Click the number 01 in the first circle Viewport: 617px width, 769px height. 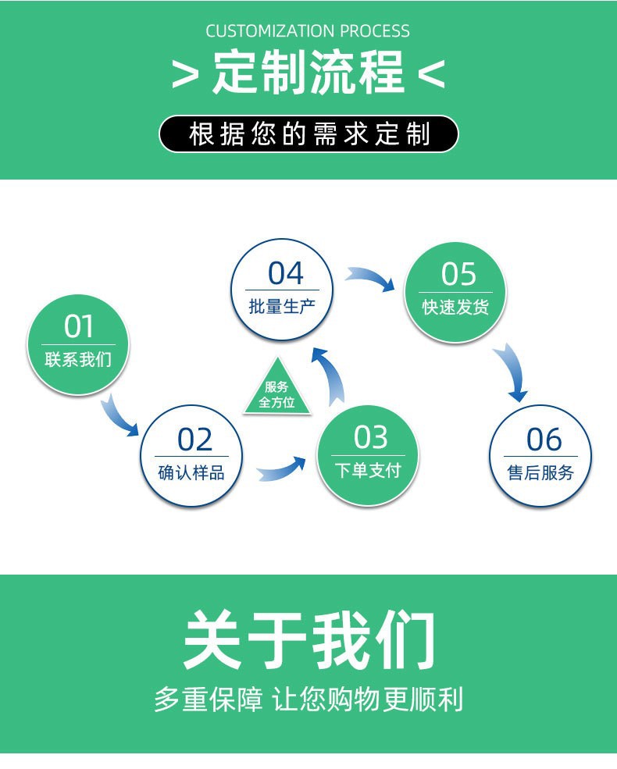(78, 326)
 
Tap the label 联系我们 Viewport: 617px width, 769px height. (78, 360)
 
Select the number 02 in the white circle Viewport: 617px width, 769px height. (194, 440)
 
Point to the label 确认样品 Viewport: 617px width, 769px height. (191, 472)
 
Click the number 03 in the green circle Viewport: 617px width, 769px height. (370, 438)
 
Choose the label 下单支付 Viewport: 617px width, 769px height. (368, 470)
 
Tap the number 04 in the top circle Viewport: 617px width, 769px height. (285, 273)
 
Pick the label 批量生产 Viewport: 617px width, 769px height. (282, 306)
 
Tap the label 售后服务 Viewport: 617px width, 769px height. (540, 472)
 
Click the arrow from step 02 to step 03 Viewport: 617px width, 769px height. (282, 469)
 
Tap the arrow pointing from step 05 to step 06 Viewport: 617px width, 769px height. (513, 373)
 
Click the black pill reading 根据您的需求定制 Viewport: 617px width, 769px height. (308, 134)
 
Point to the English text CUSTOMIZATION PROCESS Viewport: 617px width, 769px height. (308, 31)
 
